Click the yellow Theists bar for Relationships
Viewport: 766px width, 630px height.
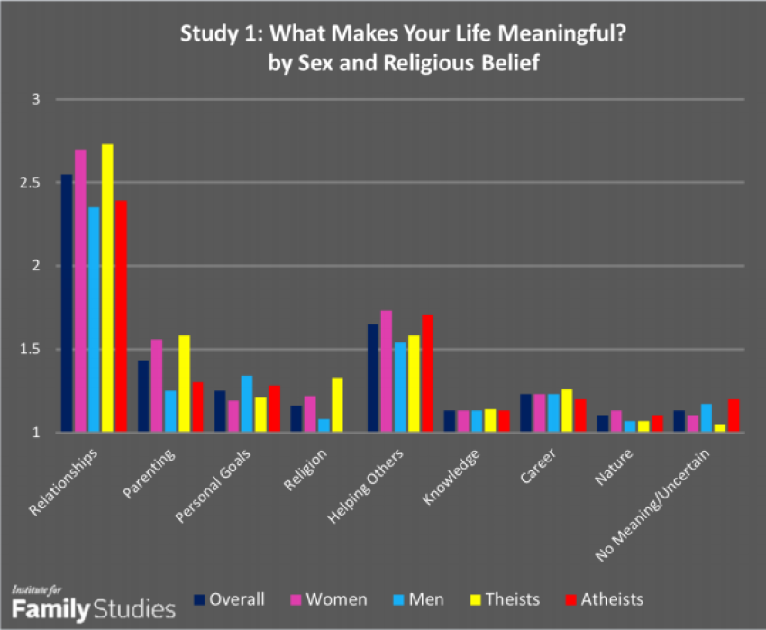107,288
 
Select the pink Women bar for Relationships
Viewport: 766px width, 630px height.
80,291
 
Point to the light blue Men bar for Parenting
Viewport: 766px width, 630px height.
170,411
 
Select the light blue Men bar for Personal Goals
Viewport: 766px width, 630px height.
247,404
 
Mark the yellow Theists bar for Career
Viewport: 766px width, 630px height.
567,411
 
